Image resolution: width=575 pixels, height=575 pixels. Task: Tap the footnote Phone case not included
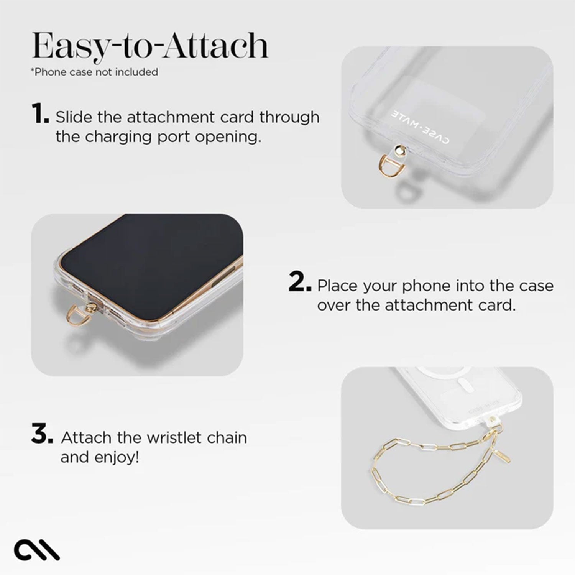click(x=94, y=72)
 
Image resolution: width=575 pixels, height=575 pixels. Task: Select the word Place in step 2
click(x=338, y=286)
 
